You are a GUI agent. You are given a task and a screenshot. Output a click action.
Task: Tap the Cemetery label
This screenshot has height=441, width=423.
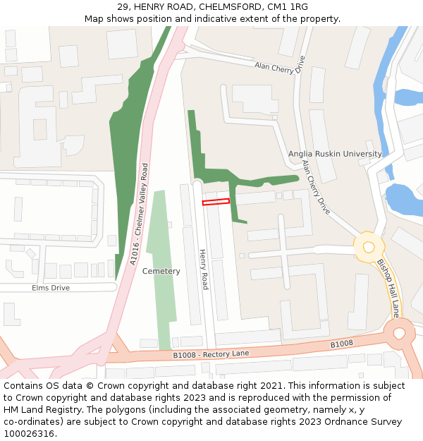pos(161,271)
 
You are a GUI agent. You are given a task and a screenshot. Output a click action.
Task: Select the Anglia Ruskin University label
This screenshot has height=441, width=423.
pos(335,154)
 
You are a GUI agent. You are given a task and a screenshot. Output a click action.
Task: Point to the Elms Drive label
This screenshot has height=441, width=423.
pos(51,288)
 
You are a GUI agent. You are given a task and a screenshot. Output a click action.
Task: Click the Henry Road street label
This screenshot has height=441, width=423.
pos(203,269)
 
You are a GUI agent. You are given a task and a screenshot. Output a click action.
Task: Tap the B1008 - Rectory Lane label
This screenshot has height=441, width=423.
pos(211,354)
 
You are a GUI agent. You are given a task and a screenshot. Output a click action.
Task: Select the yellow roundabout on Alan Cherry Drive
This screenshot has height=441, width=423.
pos(368,247)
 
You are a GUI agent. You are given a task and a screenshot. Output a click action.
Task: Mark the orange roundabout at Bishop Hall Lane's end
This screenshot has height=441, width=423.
pos(400,331)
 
